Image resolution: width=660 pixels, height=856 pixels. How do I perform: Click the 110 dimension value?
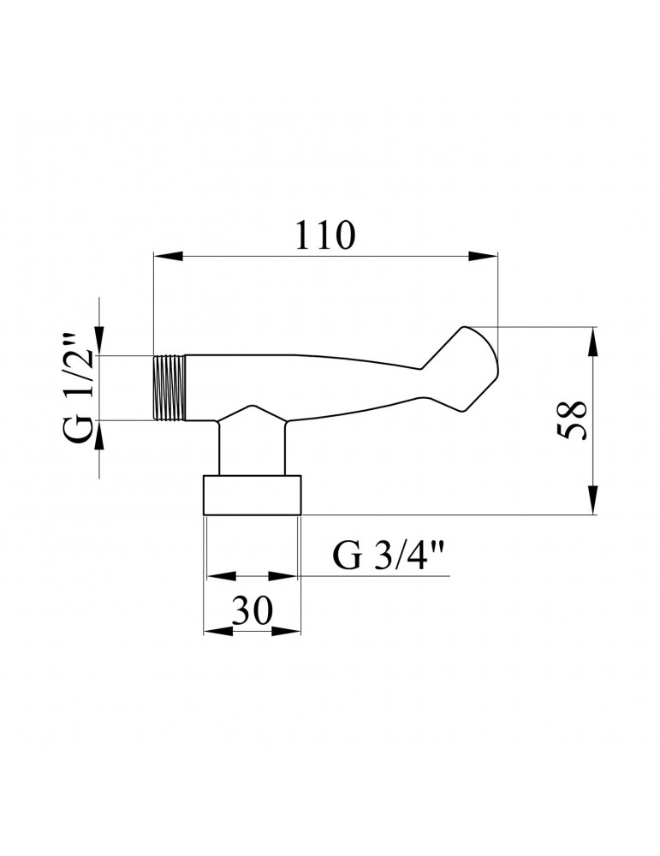(324, 235)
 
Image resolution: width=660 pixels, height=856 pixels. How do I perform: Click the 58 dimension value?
(572, 420)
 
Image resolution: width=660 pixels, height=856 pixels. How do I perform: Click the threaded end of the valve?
(169, 388)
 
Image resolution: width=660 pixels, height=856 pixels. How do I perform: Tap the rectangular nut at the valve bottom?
(253, 495)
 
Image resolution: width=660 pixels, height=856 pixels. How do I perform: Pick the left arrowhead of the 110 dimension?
(168, 255)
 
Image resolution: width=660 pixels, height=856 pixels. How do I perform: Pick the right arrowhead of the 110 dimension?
(484, 255)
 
